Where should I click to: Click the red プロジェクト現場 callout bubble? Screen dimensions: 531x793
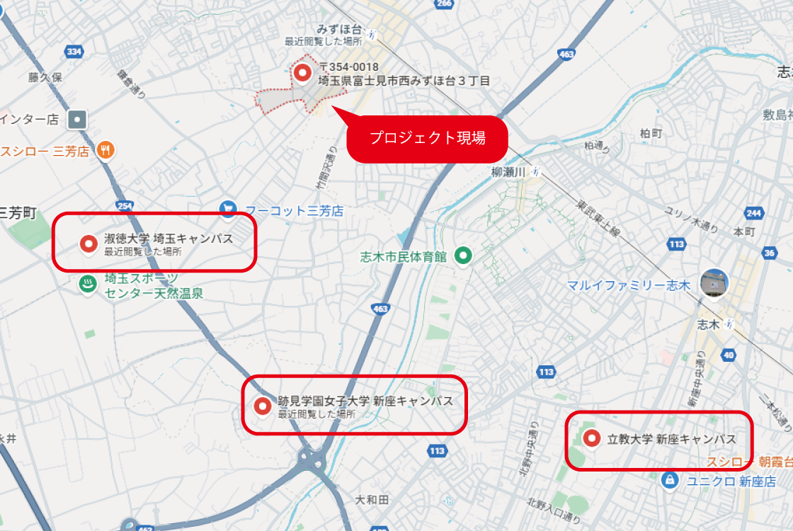coord(428,139)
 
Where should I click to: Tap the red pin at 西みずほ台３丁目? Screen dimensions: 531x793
coord(302,72)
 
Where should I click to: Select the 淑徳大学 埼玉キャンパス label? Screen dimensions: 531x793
coord(169,239)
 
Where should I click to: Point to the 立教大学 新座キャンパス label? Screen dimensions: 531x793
coord(672,439)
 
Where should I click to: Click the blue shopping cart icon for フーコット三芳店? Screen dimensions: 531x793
coord(228,210)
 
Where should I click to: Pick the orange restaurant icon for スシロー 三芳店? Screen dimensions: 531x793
coord(106,150)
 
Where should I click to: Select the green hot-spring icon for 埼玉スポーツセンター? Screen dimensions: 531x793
coord(88,284)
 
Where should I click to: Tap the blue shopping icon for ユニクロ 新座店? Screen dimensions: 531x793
coord(668,480)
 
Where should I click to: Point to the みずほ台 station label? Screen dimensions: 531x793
coord(339,30)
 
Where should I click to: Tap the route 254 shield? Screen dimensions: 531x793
coord(125,206)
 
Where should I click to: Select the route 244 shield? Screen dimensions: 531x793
coord(754,213)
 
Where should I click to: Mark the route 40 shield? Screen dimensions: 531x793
coord(729,355)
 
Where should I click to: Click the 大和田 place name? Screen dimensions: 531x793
coord(372,499)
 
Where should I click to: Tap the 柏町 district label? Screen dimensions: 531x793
coord(650,133)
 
